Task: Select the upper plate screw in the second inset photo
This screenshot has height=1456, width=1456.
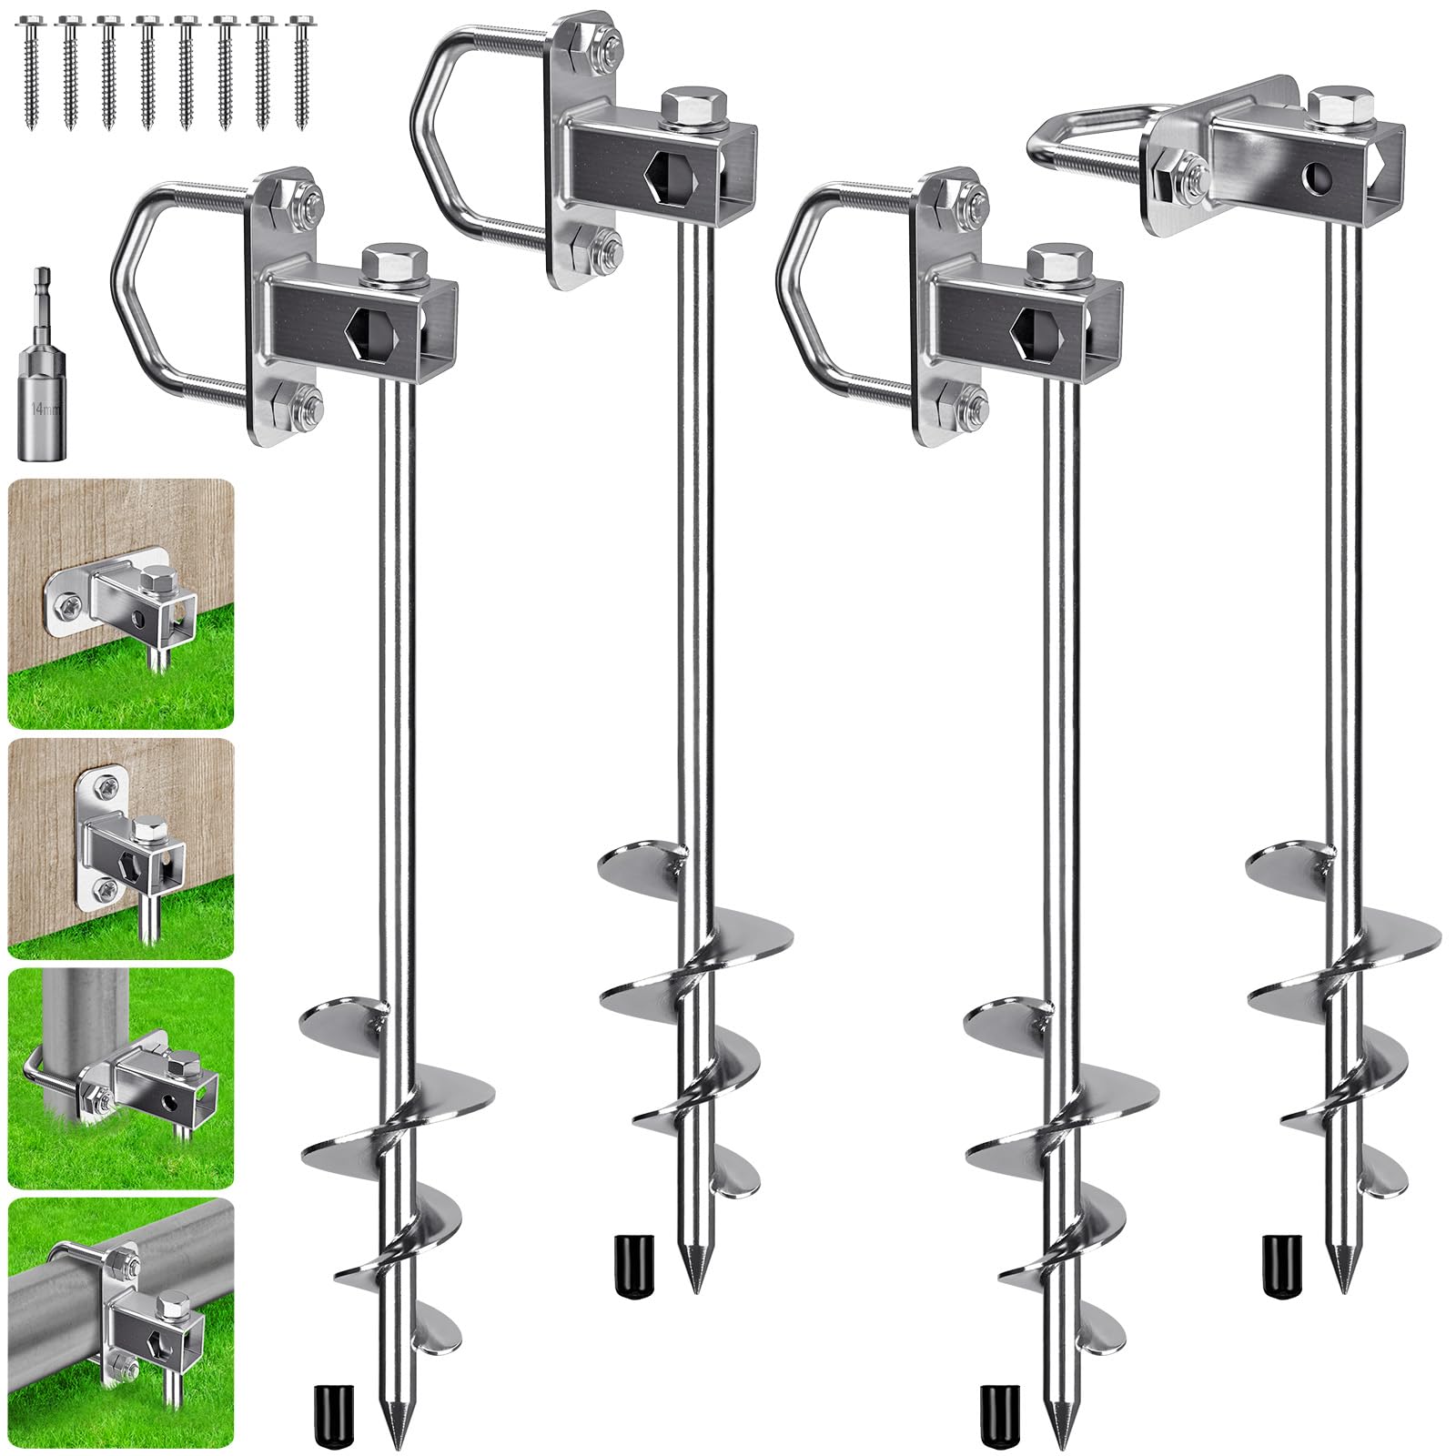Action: click(108, 781)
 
